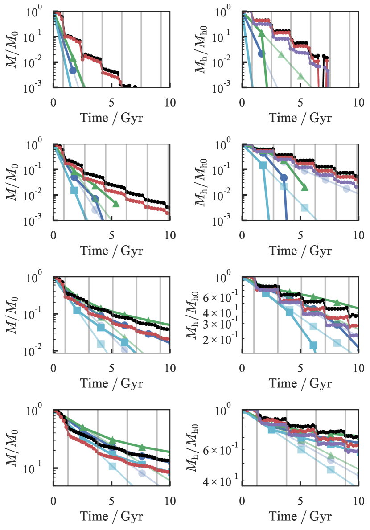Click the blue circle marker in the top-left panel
tap(73, 70)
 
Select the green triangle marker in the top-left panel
tap(73, 58)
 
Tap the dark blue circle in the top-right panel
tap(262, 53)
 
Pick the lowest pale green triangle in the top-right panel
tap(300, 76)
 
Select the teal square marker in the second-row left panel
tap(74, 191)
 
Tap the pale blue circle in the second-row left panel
tap(95, 210)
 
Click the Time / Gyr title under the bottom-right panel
tap(300, 517)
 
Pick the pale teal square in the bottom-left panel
tap(112, 466)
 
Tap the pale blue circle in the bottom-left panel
tap(142, 473)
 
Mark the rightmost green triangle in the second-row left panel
tap(116, 203)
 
